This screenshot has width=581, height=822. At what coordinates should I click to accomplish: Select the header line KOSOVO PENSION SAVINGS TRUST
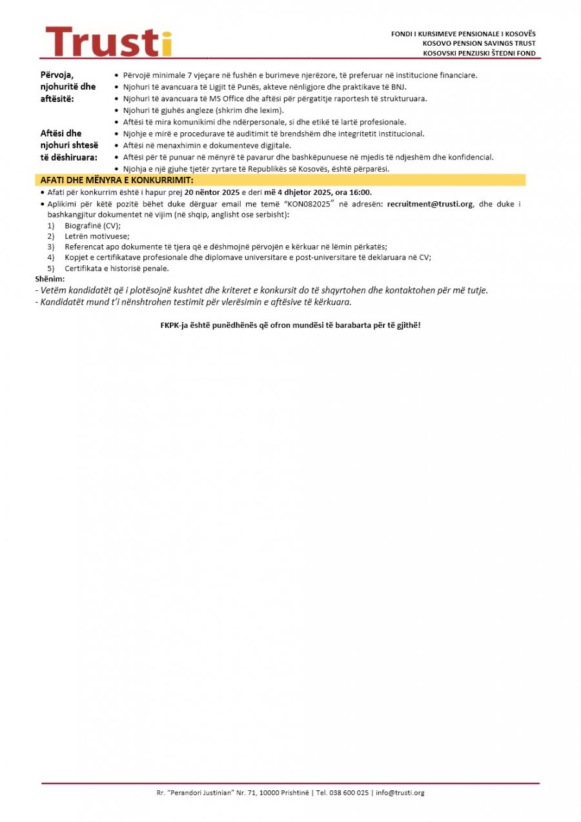click(479, 43)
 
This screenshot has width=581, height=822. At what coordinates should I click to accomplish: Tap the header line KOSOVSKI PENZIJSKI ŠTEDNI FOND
click(478, 53)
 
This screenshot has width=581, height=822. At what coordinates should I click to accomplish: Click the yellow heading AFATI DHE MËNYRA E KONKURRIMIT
click(117, 180)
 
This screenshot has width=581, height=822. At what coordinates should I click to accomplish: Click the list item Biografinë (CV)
click(92, 225)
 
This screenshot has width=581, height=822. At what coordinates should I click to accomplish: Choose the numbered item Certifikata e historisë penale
click(116, 268)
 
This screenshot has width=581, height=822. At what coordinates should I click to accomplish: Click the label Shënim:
click(50, 278)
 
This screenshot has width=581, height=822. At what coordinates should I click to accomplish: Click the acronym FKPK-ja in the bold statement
click(175, 325)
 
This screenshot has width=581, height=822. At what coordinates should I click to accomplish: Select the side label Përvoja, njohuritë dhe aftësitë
click(67, 86)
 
